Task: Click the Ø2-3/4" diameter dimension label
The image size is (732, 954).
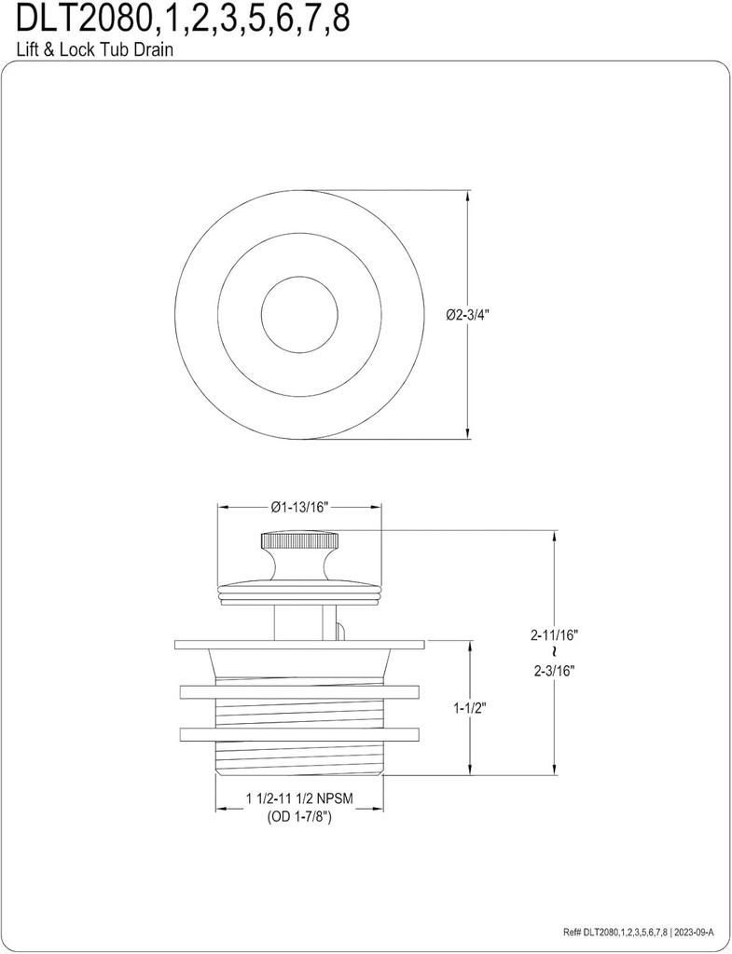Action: point(467,315)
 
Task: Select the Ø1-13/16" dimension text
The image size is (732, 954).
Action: point(299,508)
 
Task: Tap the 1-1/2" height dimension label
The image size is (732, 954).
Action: point(470,707)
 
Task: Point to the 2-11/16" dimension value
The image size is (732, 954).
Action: point(556,634)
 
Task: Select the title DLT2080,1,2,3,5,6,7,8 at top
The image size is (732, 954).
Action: point(176,20)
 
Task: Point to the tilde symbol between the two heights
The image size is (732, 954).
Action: point(556,651)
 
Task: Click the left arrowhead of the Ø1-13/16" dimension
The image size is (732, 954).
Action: point(223,508)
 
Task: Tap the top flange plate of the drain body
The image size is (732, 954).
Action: point(299,645)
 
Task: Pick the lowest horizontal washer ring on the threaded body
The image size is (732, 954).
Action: point(299,734)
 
